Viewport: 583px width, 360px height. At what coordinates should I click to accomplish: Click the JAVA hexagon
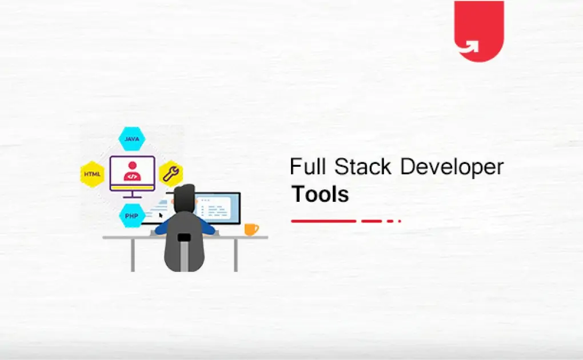point(131,139)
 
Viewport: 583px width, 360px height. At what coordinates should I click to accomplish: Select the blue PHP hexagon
point(131,216)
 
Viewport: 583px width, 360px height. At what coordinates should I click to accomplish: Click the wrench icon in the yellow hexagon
point(170,173)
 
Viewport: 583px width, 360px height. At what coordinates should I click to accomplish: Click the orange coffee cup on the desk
point(250,229)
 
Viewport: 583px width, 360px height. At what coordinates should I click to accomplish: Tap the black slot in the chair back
point(183,237)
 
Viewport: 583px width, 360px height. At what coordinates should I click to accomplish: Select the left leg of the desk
point(133,254)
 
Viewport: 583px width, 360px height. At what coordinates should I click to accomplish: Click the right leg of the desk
point(235,254)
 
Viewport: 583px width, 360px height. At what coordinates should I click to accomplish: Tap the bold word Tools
point(320,194)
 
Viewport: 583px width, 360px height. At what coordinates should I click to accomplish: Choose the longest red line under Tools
point(324,221)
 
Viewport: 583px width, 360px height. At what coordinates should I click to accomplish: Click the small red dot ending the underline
point(400,221)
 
